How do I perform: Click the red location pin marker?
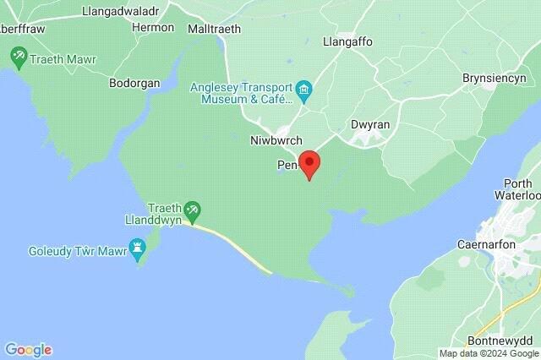tap(309, 163)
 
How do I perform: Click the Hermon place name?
tap(154, 27)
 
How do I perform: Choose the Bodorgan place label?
tap(135, 83)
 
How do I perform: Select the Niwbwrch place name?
tap(271, 140)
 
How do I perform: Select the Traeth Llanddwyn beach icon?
tap(194, 208)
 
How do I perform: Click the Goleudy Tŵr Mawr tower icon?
tap(138, 247)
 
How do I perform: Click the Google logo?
tap(28, 349)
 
